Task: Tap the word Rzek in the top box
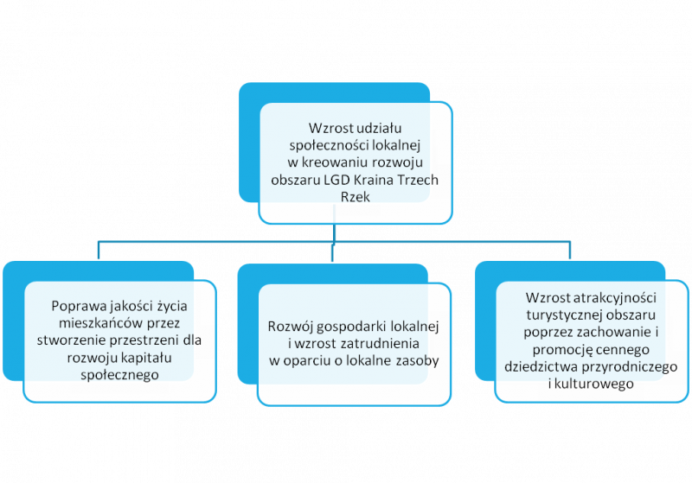pyautogui.click(x=356, y=196)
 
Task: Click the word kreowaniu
pyautogui.click(x=335, y=162)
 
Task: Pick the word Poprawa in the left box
pyautogui.click(x=79, y=306)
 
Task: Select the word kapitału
pyautogui.click(x=145, y=358)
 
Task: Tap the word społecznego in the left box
pyautogui.click(x=119, y=375)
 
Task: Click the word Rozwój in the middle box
pyautogui.click(x=291, y=327)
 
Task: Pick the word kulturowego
pyautogui.click(x=594, y=384)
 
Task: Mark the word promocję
pyautogui.click(x=560, y=350)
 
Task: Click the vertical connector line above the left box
pyautogui.click(x=98, y=250)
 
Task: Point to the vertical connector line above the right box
pyautogui.click(x=570, y=250)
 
